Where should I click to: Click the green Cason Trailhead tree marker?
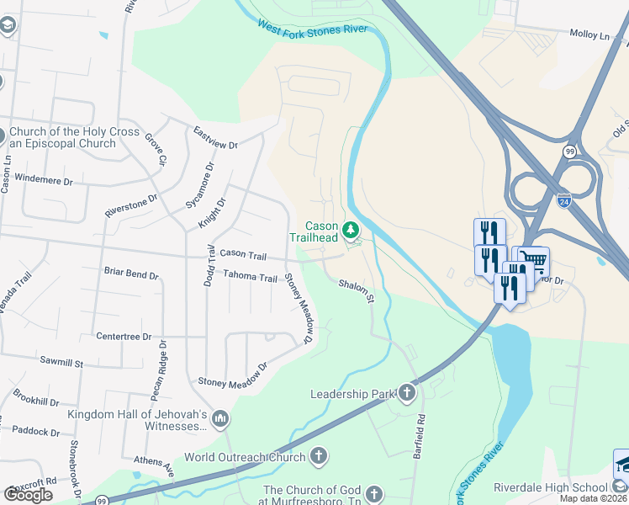(351, 229)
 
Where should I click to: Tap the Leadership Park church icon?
(407, 393)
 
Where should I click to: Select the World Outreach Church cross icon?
(318, 457)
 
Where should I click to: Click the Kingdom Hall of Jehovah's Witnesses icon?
(220, 418)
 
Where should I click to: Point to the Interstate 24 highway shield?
(563, 200)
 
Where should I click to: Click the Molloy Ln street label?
(589, 35)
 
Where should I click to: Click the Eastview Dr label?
(215, 139)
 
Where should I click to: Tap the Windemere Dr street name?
(45, 180)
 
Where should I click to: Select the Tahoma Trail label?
(250, 277)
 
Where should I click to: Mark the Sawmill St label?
(61, 364)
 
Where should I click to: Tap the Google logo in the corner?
(28, 495)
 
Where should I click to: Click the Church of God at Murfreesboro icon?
(374, 494)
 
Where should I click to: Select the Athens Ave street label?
(153, 461)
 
